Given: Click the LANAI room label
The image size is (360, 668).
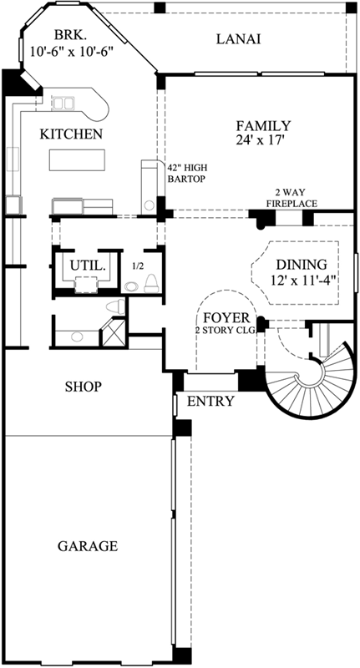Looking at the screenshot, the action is pos(239,39).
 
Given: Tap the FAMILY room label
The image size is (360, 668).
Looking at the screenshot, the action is pos(264,126).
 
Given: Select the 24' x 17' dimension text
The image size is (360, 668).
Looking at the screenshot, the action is pos(260,140).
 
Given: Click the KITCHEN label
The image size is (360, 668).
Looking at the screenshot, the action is pos(71,134).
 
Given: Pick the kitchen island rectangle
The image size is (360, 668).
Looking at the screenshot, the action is pos(77,159).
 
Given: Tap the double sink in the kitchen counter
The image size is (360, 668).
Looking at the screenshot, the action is pos(63,103).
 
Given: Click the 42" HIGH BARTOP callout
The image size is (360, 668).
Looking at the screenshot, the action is pos(187,174).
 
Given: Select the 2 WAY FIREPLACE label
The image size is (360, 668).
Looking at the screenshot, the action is pos(292,198).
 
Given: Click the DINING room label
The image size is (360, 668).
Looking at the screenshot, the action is pos(302,265).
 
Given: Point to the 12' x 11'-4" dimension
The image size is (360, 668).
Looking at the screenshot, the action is pos(302,280).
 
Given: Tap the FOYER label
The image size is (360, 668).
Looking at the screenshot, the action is pos(226,318).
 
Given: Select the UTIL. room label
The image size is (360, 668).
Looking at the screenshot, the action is pos(88,266).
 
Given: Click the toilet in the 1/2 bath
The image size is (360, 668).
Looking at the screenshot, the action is pos(151,284).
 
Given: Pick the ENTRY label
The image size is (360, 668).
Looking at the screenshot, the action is pos(210,402).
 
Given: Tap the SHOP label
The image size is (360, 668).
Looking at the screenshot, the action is pos(84,387).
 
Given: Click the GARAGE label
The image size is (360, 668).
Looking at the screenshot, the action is pos(88,546).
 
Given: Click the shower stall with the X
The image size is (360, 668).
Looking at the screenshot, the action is pos(113,332).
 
